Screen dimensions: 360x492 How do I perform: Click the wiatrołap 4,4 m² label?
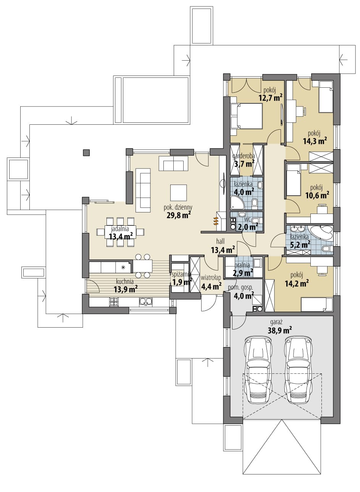click(211, 282)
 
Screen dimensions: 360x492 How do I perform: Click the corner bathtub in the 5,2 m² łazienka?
click(320, 233)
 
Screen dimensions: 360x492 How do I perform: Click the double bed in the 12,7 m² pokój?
click(246, 116)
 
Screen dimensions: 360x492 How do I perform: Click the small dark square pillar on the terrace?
click(86, 153)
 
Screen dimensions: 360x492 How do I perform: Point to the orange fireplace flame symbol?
click(216, 221)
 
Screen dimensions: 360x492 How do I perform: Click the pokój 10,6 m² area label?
click(317, 191)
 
